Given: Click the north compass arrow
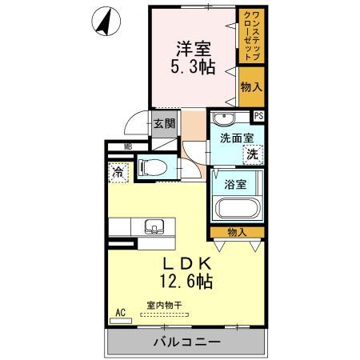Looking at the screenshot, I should [x=102, y=22].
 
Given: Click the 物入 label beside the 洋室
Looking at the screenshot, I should [x=250, y=86].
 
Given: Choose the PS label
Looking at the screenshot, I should [x=258, y=116].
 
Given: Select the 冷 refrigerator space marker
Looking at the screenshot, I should [x=118, y=171].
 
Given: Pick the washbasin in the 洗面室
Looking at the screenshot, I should [x=225, y=120].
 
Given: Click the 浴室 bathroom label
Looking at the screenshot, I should [x=234, y=184].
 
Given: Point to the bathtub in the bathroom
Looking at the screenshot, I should [x=238, y=210].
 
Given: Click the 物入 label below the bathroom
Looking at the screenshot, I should [x=237, y=232].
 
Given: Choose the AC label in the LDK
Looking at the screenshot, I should [x=121, y=312].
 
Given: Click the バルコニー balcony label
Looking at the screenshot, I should [x=184, y=343].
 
